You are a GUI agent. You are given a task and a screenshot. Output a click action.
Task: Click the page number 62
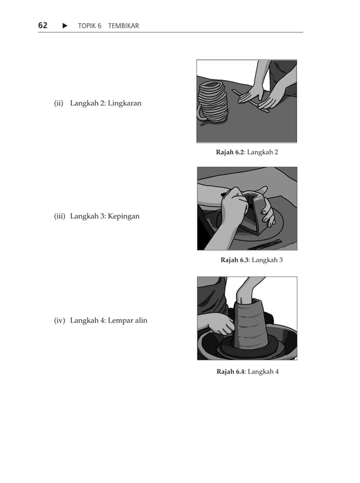tap(43, 25)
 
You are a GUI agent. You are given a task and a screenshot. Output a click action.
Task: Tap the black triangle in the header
tap(65, 26)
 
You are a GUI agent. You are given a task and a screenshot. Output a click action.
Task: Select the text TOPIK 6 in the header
tap(89, 26)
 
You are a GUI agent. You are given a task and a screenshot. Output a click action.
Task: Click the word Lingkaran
tap(124, 103)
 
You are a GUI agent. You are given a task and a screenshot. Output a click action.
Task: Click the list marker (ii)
tap(59, 103)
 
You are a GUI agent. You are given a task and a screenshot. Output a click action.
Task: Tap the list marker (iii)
tap(60, 216)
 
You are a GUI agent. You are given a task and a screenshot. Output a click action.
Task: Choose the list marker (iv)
tap(60, 320)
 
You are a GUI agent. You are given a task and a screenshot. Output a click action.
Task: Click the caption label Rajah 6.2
tap(230, 152)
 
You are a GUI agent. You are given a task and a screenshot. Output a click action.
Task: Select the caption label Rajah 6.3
tap(234, 260)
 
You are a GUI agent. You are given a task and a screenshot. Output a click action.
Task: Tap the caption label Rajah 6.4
tap(230, 371)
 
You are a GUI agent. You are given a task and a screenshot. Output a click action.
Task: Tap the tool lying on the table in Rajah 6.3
tap(265, 244)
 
